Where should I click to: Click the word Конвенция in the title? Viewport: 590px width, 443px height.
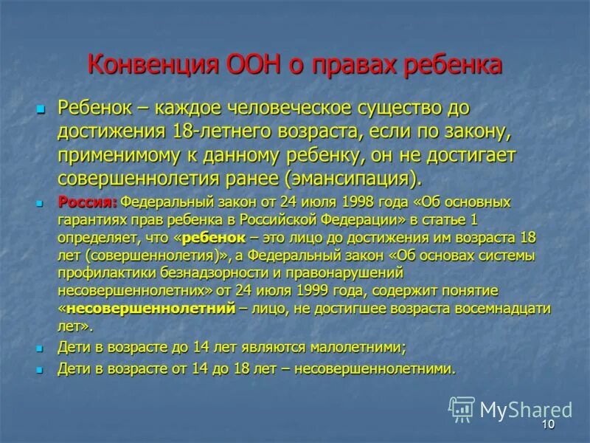pos(146,65)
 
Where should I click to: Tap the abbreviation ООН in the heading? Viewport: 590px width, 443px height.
pos(236,65)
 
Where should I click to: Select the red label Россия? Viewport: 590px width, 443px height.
pos(88,202)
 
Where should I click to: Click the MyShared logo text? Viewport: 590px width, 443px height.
pos(526,410)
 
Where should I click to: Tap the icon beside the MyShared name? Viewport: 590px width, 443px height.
pos(462,409)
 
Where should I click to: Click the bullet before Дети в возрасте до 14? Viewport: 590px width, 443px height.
pos(41,347)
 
